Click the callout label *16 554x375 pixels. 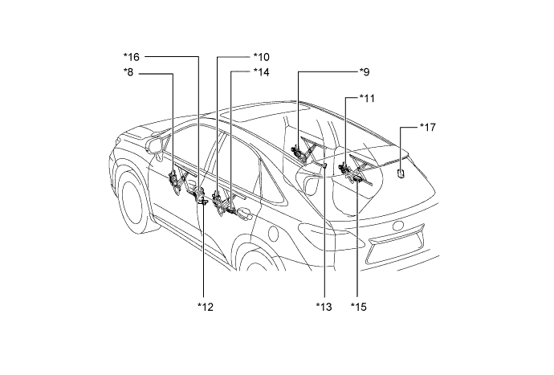pos(132,57)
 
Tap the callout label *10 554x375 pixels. pos(261,57)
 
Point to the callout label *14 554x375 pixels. pos(261,72)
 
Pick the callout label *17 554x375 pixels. pos(429,128)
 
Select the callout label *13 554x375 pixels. pos(324,306)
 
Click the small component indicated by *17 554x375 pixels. pos(401,170)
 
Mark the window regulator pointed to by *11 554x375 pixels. pos(351,171)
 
